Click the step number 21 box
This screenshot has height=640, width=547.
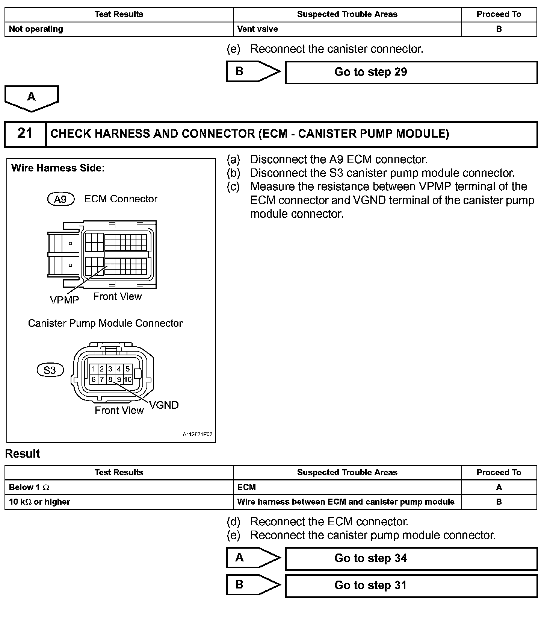coord(25,134)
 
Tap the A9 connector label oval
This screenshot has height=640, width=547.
coord(60,199)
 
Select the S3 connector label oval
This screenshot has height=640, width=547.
coord(50,370)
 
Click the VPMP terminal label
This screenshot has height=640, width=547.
coord(64,300)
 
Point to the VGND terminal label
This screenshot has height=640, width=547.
coord(164,405)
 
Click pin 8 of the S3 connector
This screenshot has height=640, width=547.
coord(110,379)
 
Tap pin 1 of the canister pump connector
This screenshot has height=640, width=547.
coord(94,369)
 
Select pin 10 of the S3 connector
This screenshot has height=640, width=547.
coord(128,379)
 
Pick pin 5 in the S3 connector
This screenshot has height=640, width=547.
coord(128,369)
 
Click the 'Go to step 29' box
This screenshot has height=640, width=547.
coord(411,72)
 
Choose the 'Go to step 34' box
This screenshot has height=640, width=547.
coord(411,558)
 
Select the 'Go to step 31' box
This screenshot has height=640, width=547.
coord(411,585)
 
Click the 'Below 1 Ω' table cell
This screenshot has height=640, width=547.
coord(119,487)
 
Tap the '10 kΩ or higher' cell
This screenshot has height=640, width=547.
coord(119,502)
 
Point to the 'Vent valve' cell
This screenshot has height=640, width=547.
coord(347,29)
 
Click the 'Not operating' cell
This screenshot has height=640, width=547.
coord(119,29)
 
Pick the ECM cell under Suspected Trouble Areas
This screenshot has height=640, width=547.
coord(347,487)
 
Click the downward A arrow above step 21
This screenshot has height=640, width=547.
coord(32,98)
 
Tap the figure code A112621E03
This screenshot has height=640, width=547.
coord(197,434)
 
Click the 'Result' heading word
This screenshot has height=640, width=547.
coord(23,454)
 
